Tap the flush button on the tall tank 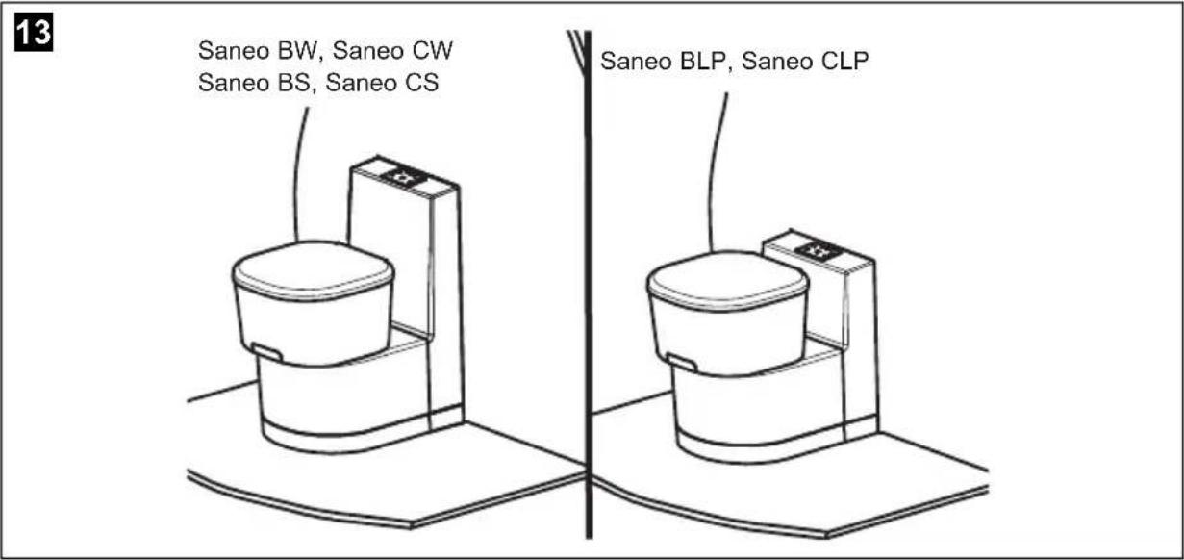[398, 177]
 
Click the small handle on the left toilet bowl [267, 352]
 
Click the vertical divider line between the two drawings [585, 289]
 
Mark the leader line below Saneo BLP [714, 173]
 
